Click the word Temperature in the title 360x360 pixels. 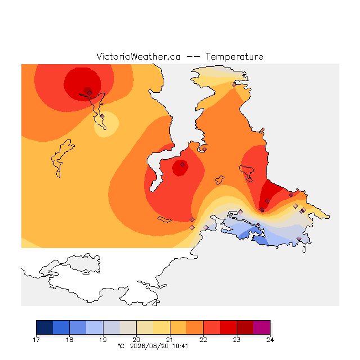pyautogui.click(x=234, y=56)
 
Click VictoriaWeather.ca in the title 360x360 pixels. pyautogui.click(x=138, y=56)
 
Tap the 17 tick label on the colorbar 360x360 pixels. pyautogui.click(x=36, y=340)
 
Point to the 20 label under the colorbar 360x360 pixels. pyautogui.click(x=136, y=340)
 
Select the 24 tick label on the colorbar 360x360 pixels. pyautogui.click(x=270, y=340)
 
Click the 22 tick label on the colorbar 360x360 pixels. pyautogui.click(x=203, y=340)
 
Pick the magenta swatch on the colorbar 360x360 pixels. pyautogui.click(x=262, y=327)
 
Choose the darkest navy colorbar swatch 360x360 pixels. pyautogui.click(x=44, y=327)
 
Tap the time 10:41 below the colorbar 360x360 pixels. pyautogui.click(x=180, y=346)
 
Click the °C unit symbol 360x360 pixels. pyautogui.click(x=121, y=346)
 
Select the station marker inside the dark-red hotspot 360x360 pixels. pyautogui.click(x=90, y=93)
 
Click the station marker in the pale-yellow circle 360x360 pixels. pyautogui.click(x=102, y=116)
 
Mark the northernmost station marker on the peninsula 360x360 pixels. pyautogui.click(x=234, y=85)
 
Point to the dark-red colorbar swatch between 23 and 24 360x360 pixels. pyautogui.click(x=245, y=327)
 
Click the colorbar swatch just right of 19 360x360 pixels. pyautogui.click(x=111, y=327)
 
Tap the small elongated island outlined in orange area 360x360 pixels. pyautogui.click(x=164, y=219)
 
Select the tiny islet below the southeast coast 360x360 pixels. pyautogui.click(x=304, y=250)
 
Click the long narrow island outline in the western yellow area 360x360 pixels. pyautogui.click(x=61, y=158)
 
